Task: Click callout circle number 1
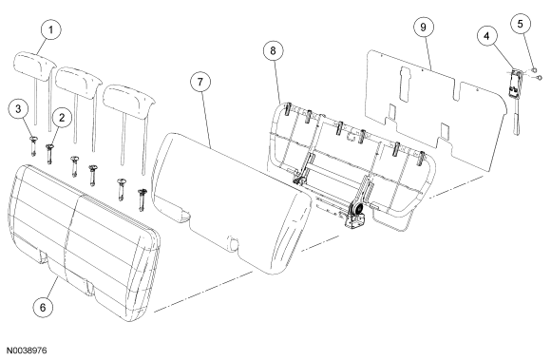(51, 29)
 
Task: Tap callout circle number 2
(62, 118)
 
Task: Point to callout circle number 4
(487, 36)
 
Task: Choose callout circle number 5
(520, 24)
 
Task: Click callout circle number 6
(43, 308)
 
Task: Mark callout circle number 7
(200, 82)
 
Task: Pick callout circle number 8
(274, 50)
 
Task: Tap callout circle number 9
(423, 27)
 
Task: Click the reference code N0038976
(27, 351)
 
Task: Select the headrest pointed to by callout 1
(34, 66)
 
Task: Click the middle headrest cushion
(79, 82)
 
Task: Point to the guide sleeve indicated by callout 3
(33, 145)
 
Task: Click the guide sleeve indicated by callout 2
(49, 153)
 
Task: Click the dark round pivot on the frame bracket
(359, 210)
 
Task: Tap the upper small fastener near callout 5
(534, 69)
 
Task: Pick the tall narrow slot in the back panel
(404, 84)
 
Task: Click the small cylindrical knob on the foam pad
(233, 242)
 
